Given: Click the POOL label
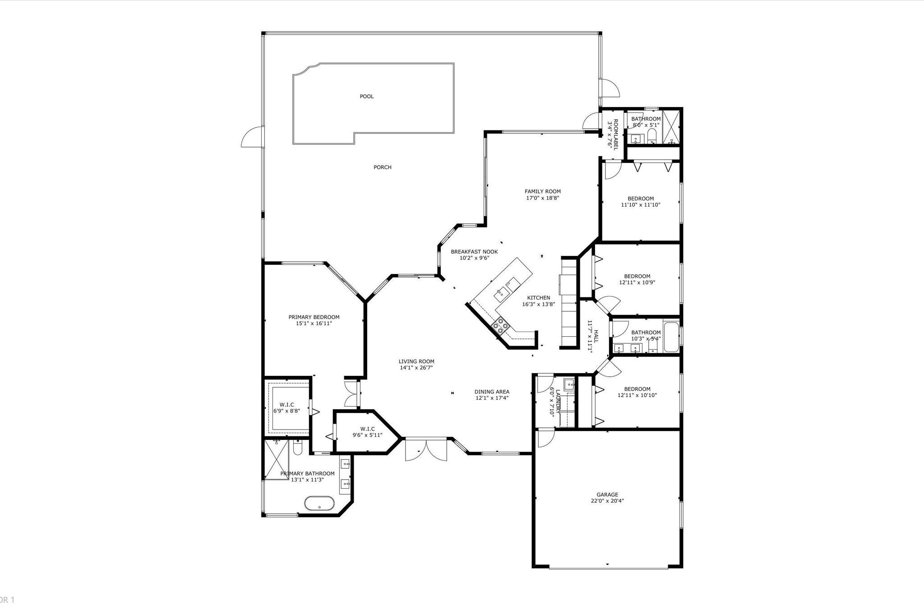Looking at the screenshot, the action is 367,96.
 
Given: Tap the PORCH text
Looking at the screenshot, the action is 383,167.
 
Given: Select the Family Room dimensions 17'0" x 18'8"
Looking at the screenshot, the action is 543,198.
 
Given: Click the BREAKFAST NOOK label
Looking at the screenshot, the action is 474,252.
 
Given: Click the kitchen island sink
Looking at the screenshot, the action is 501,295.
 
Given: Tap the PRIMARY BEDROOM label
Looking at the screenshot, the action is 314,317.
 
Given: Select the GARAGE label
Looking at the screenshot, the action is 607,495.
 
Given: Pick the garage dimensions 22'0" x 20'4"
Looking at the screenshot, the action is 607,500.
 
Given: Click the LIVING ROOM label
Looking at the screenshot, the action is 416,361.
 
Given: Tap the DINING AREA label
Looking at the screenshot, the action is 492,392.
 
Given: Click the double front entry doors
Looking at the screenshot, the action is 426,449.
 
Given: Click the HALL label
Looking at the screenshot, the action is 596,336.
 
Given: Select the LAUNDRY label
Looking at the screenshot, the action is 558,402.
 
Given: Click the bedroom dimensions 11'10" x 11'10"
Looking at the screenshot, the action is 641,204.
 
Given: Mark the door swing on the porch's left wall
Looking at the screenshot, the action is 252,136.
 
